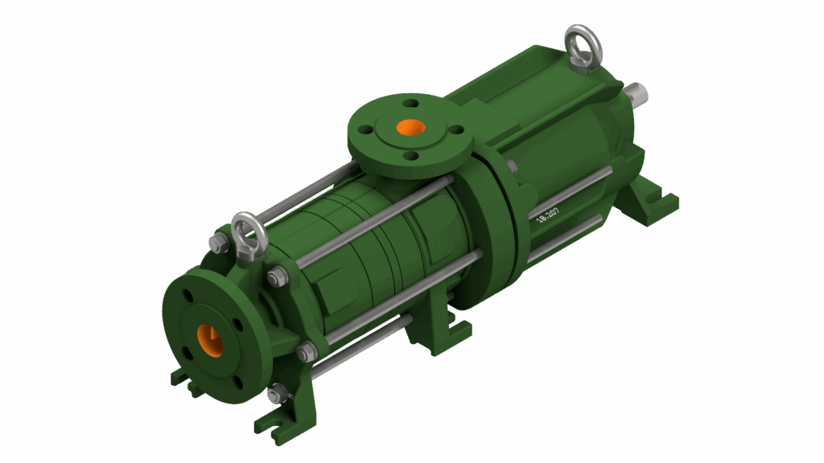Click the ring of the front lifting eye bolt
249,231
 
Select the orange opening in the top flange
410,128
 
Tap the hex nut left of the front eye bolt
216,242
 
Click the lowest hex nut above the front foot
277,394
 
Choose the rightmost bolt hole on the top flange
455,129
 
